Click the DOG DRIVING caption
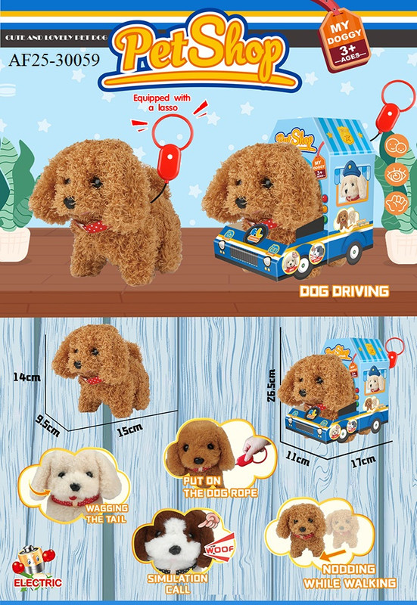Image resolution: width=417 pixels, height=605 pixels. pos(344,290)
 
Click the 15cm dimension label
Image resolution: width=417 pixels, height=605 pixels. pos(129,430)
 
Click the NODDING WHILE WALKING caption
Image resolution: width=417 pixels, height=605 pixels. pos(350,576)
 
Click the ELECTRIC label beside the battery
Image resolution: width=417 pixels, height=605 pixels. pos(32,583)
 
